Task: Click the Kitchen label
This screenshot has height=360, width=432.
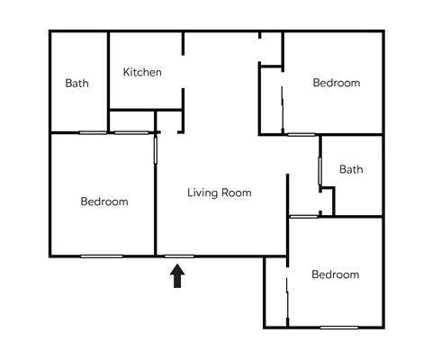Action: (142, 72)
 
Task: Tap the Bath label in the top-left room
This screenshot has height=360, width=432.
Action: (77, 84)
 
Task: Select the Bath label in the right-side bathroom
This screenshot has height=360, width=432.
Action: (351, 169)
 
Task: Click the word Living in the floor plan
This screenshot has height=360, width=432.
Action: (203, 193)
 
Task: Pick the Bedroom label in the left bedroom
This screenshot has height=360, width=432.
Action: (104, 202)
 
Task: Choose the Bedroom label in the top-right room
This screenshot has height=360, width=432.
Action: (337, 83)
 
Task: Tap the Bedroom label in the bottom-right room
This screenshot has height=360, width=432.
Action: (336, 274)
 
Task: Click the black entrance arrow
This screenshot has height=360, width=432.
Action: (177, 274)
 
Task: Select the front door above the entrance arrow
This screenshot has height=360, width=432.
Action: (178, 256)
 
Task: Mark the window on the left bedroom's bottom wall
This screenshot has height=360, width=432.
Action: (102, 256)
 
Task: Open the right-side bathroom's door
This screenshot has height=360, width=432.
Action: (320, 171)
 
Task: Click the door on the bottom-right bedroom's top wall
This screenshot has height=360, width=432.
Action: (303, 217)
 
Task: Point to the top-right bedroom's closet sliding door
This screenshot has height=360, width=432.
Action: (283, 108)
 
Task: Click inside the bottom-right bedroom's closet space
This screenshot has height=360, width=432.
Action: (275, 292)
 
